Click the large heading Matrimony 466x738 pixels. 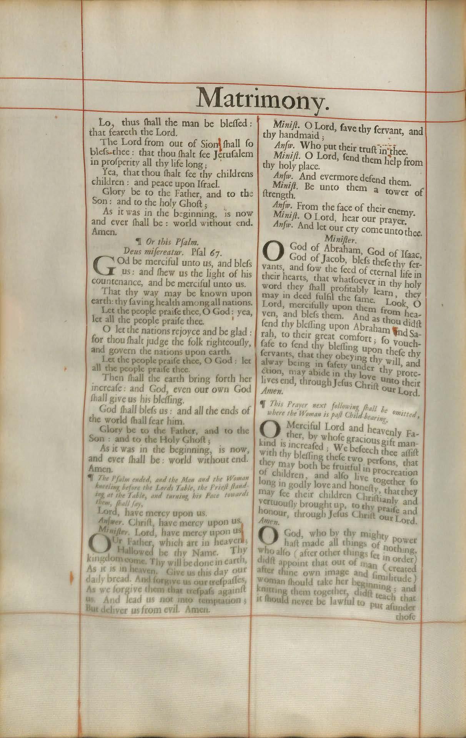pyautogui.click(x=263, y=99)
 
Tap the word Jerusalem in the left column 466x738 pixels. pyautogui.click(x=235, y=154)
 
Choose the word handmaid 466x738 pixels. pyautogui.click(x=299, y=136)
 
